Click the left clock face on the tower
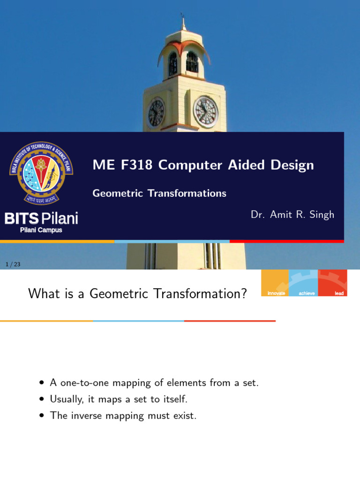point(156,113)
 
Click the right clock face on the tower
point(206,112)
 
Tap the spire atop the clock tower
point(183,23)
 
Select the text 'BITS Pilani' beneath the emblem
point(41,218)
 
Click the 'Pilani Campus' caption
point(41,230)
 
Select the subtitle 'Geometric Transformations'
point(159,193)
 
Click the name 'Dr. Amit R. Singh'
point(292,215)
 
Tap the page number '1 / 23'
point(13,265)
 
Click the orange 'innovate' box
point(275,284)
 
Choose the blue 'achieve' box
point(304,284)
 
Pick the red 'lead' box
point(333,284)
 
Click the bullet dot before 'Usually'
point(42,400)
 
